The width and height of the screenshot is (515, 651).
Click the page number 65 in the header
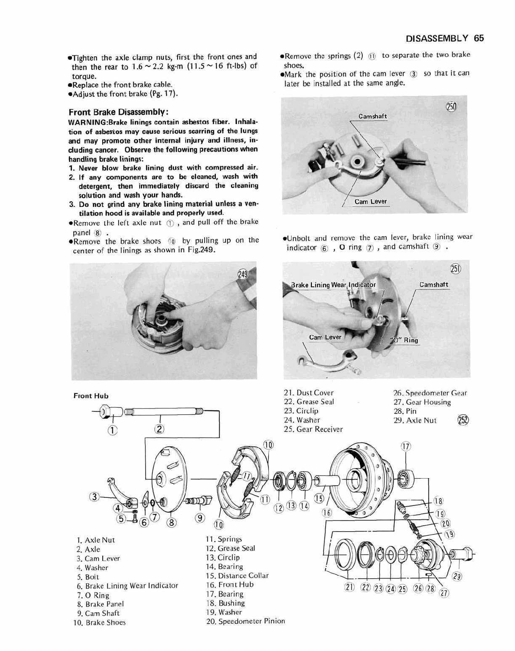click(x=479, y=38)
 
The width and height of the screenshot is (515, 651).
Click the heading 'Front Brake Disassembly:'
click(x=119, y=112)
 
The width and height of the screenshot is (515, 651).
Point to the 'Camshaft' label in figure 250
click(x=372, y=116)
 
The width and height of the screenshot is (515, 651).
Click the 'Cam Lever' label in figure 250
click(x=370, y=201)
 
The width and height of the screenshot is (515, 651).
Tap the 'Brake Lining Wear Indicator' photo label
click(x=333, y=285)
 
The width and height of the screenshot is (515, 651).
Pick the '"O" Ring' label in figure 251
click(x=404, y=340)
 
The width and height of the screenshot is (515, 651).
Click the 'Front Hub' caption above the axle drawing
click(x=91, y=396)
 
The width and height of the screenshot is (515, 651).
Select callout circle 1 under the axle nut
click(x=112, y=430)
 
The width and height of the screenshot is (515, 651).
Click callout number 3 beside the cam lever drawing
click(x=94, y=497)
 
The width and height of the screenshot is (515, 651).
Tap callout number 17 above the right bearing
click(x=406, y=447)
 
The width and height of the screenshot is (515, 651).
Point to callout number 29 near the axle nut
click(x=457, y=577)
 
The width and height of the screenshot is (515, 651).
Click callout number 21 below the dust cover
click(x=349, y=587)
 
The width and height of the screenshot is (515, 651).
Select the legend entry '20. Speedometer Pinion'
click(x=245, y=621)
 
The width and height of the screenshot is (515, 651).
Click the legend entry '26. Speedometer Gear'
click(x=430, y=393)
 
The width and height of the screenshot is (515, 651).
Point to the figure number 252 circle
click(x=463, y=420)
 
